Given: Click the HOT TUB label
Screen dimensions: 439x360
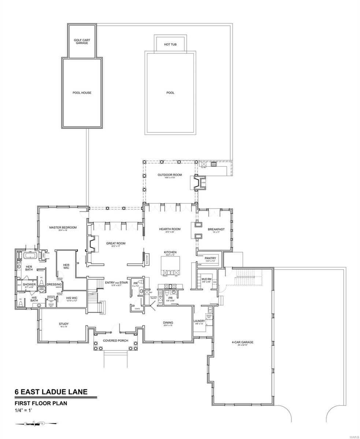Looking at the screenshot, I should point(170,45).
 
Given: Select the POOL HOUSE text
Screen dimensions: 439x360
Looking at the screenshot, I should point(82,93).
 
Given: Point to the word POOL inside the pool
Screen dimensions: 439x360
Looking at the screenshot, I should point(170,93).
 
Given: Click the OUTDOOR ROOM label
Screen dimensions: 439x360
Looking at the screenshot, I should point(170,175).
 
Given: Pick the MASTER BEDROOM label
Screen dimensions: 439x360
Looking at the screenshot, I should point(63,228).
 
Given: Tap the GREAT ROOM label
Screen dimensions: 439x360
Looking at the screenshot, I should point(116,243).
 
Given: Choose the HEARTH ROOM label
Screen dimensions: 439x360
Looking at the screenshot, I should point(170,229).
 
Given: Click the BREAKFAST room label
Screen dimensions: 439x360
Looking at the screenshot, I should point(216,229).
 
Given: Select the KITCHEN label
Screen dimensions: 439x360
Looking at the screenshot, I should point(170,252).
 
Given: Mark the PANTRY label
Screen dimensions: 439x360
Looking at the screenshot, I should point(211,258).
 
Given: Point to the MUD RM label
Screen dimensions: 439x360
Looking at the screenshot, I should point(206,279).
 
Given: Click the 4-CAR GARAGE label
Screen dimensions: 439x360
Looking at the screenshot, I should point(242,342).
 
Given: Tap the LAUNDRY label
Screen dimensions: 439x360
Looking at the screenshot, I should point(199,321).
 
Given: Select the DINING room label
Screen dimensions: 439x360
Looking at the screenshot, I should point(168,323).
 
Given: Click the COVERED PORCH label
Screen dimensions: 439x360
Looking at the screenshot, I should point(115,341).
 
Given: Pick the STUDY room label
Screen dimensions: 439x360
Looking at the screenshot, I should point(64,324).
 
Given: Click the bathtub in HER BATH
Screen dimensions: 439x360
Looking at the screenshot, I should point(29,255).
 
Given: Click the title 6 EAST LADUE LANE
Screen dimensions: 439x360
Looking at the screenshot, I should point(51,392).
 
